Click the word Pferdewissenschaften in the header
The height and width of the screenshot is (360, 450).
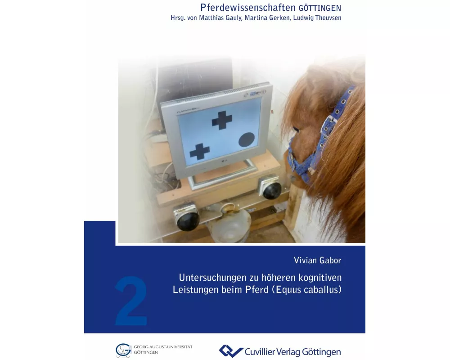[247, 7]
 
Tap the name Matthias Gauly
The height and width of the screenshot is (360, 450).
[221, 18]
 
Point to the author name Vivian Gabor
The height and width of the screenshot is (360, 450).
[317, 260]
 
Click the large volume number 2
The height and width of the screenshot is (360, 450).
[131, 301]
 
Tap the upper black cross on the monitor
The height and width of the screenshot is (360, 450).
[222, 120]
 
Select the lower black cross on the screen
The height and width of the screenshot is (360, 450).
[199, 151]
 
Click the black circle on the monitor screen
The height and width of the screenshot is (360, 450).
[247, 139]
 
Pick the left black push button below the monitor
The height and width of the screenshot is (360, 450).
[187, 219]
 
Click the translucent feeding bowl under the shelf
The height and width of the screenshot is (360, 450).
[229, 225]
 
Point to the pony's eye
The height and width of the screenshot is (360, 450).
[296, 130]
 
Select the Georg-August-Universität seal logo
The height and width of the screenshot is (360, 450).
[123, 350]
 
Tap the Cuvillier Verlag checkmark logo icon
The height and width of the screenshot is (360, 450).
[230, 351]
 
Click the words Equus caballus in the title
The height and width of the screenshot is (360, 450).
[307, 289]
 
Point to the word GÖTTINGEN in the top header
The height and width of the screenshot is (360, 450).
[320, 8]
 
